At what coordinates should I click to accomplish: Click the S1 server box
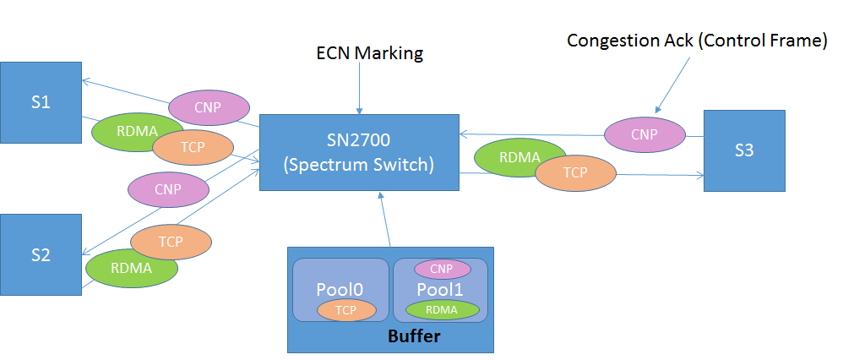(41, 102)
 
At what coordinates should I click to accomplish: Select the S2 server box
(41, 254)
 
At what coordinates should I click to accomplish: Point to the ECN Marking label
(369, 53)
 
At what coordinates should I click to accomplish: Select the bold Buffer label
(414, 335)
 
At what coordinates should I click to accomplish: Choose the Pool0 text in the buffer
(340, 289)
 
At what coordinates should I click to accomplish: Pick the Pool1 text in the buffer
(441, 289)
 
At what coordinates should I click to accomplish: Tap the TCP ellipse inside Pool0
(346, 310)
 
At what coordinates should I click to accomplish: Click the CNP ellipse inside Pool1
(442, 270)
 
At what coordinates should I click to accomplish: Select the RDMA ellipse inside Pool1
(442, 309)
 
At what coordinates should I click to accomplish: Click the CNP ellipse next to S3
(644, 134)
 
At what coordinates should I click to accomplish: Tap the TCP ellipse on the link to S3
(575, 172)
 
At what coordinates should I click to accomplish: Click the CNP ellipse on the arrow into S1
(209, 107)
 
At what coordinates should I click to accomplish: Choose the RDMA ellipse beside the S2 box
(132, 268)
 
